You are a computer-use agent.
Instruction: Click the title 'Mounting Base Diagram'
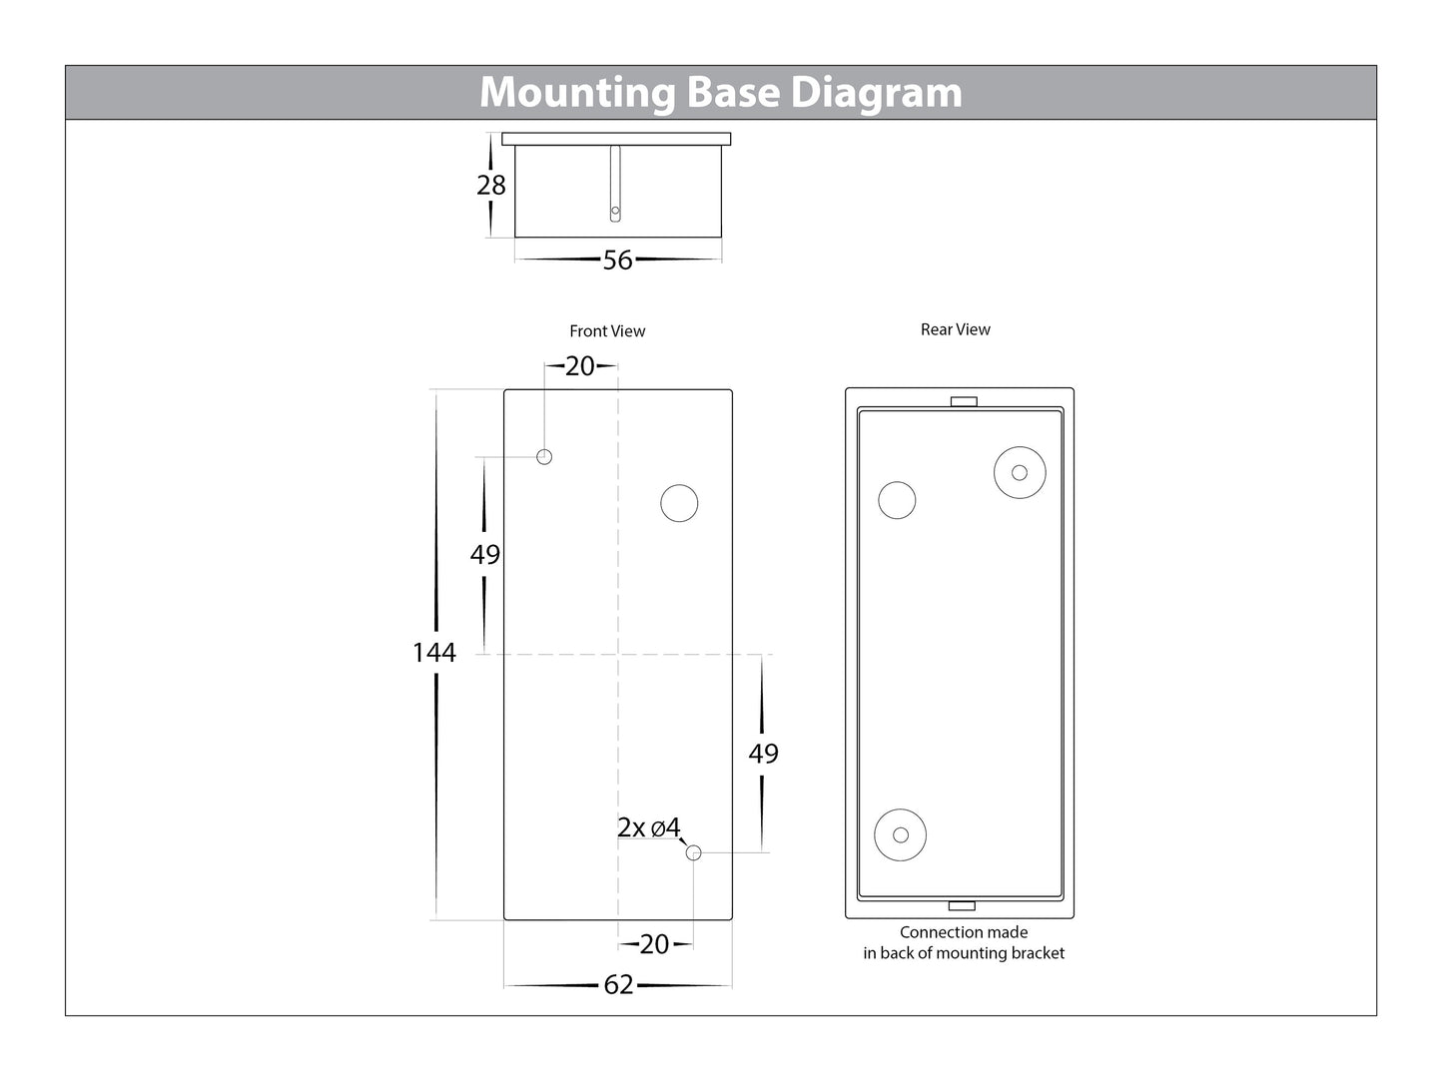(721, 92)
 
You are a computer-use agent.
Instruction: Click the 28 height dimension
(491, 185)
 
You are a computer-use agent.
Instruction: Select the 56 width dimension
(618, 261)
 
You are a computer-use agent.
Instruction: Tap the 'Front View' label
(607, 331)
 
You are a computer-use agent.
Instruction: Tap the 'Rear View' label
(956, 329)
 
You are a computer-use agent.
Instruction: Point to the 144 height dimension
(434, 653)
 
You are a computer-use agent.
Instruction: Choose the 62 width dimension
(618, 985)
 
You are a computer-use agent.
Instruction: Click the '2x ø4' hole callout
(649, 827)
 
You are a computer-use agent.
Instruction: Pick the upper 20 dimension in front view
(580, 366)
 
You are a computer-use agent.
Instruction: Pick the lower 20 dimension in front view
(654, 944)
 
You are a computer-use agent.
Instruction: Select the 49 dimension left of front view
(485, 555)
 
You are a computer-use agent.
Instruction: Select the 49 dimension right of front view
(763, 754)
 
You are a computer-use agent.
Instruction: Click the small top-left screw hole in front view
(544, 457)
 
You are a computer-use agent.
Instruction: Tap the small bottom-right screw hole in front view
(694, 852)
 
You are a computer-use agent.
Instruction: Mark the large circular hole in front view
(679, 503)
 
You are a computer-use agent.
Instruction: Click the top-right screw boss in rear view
(1020, 472)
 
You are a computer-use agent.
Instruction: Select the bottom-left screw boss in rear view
(900, 834)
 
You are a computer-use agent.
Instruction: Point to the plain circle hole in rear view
(897, 500)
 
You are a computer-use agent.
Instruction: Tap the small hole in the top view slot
(616, 212)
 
